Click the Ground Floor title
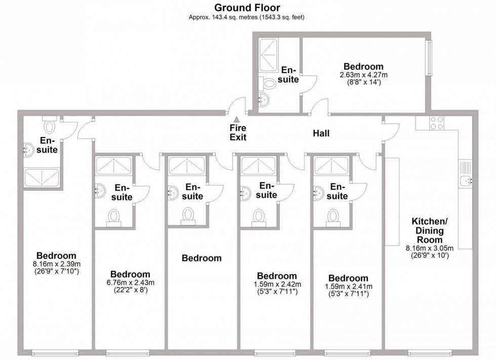click(247, 7)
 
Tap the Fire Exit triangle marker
click(236, 119)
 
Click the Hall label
click(321, 133)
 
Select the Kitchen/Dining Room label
click(430, 231)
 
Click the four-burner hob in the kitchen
click(436, 123)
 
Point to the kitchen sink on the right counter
click(465, 181)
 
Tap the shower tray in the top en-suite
click(268, 55)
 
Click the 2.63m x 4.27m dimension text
click(363, 75)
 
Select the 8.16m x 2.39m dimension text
click(57, 264)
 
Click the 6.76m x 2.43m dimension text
click(131, 283)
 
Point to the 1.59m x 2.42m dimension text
click(277, 285)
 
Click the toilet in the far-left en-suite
click(49, 124)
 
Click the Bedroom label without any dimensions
click(201, 258)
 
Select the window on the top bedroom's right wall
click(429, 58)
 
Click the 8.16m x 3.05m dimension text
click(430, 248)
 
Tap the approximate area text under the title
click(246, 17)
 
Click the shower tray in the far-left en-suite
click(42, 177)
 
